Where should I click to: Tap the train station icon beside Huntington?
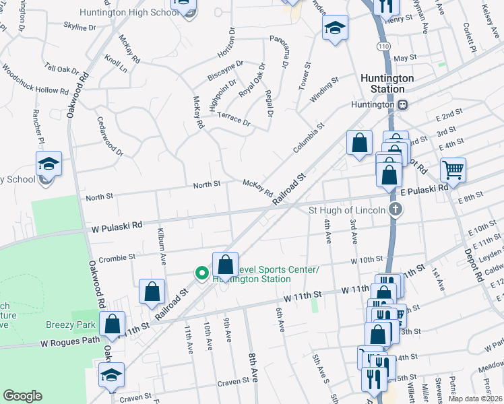403,104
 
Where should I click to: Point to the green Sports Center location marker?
201,273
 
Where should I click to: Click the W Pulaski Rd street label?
117,226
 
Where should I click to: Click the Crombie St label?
117,257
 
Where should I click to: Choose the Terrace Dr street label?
233,119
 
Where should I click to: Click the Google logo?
22,396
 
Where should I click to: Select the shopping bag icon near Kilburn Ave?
152,291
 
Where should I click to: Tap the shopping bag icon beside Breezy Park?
113,324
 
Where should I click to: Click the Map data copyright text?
476,399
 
